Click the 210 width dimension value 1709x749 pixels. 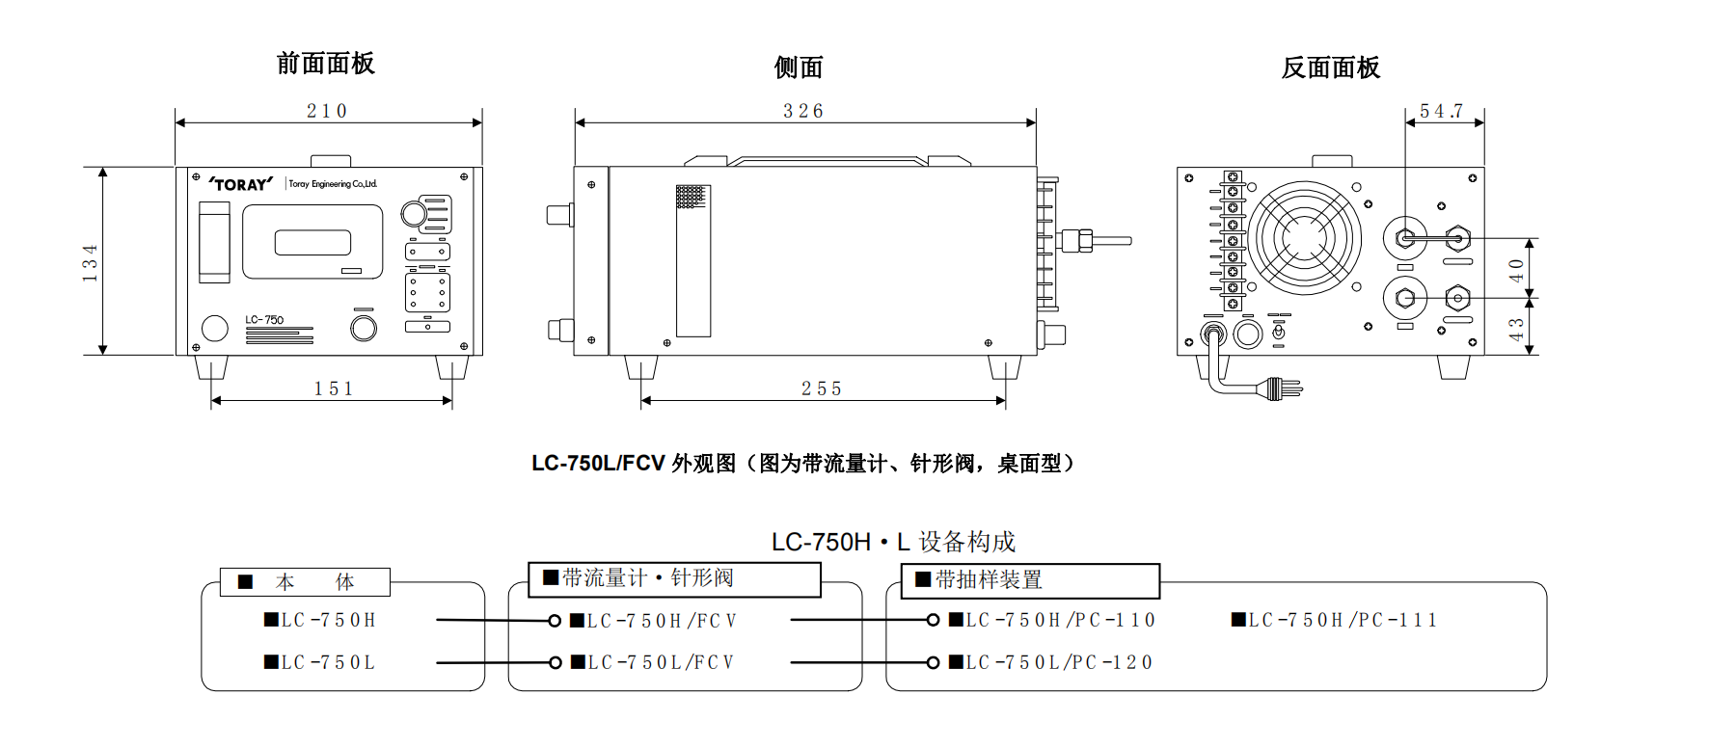tap(327, 111)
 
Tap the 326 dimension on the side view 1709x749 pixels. tap(803, 111)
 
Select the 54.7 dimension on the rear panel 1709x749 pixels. tap(1441, 111)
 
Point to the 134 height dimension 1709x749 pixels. tap(91, 262)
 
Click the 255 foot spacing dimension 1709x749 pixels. tap(822, 388)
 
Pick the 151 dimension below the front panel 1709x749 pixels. tap(334, 388)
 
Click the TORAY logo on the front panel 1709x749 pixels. tap(241, 184)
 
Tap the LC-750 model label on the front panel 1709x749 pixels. tap(264, 320)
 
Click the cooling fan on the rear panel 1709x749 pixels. tap(1306, 238)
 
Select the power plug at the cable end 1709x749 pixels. tap(1284, 388)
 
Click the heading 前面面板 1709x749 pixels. tap(325, 64)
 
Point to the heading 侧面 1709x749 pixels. tap(799, 67)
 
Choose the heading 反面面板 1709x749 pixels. tap(1331, 67)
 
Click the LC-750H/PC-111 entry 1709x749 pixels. tap(1335, 620)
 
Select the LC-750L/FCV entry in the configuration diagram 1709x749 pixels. tap(654, 662)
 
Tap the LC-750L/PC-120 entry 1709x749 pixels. tap(1051, 662)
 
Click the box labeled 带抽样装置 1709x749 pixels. tap(1030, 580)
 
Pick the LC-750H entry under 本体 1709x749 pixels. tap(321, 620)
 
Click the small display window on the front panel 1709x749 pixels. tap(312, 242)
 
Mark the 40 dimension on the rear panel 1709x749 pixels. tap(1517, 269)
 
